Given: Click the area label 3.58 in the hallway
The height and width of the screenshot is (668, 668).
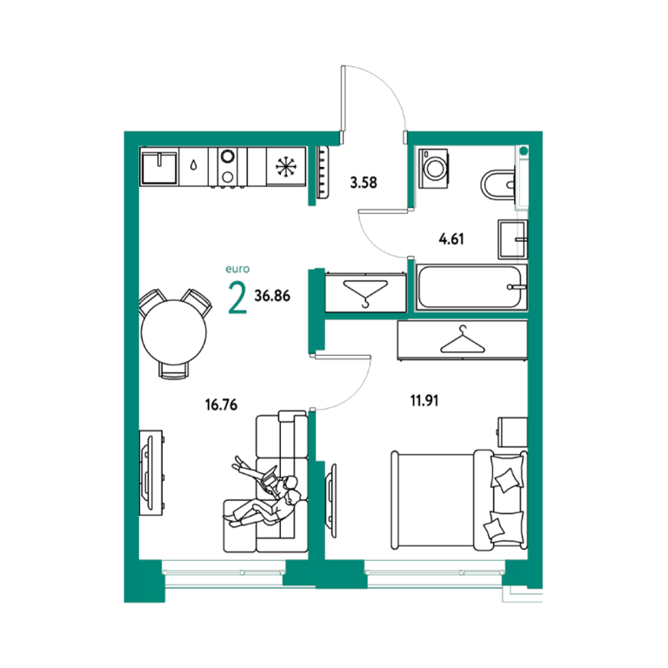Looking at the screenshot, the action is point(364,183).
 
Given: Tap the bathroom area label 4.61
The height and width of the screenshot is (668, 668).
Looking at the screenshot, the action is point(451,239).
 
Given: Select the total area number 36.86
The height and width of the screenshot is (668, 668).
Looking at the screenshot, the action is point(272,296).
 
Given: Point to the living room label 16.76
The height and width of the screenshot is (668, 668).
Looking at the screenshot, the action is point(221,404).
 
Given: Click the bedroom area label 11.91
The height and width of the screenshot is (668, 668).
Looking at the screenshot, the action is point(424,401).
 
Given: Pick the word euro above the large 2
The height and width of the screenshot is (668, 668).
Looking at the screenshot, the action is point(237,270).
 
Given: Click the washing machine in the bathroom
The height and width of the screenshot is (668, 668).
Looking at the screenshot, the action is point(433,168).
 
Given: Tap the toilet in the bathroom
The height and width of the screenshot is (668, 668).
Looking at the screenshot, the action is point(498,185).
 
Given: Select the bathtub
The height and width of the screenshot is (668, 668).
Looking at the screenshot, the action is point(471,287).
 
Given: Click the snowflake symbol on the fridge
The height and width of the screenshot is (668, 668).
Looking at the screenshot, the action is point(286,167).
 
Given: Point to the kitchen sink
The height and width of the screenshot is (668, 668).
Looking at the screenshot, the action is point(159,167).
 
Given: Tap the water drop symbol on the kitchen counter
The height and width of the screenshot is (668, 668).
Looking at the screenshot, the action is point(194,165).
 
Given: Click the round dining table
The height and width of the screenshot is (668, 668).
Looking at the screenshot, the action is point(174,332).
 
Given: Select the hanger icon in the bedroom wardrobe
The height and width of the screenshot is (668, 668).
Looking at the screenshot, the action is point(463,339).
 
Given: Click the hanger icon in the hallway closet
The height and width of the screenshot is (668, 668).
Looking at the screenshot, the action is point(365,293).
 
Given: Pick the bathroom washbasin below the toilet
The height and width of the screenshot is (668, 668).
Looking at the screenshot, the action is point(512,240).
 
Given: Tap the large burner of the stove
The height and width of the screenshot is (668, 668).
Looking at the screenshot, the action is point(228,156).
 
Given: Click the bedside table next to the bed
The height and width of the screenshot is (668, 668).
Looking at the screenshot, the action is point(513,432).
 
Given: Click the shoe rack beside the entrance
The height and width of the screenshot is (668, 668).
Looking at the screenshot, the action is point(323,172).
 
